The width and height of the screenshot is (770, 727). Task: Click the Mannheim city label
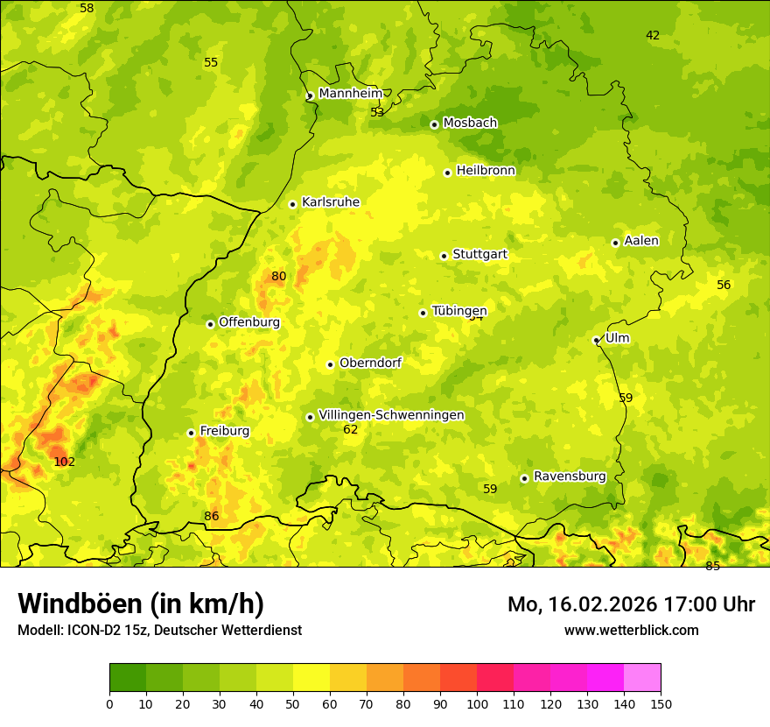[x=350, y=93]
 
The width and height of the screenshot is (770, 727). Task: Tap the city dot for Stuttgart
[x=444, y=256]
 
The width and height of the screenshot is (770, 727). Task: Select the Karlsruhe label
[x=330, y=202]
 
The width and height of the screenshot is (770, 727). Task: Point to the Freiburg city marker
[x=191, y=433]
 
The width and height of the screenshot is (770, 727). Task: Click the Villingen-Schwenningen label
[x=391, y=415]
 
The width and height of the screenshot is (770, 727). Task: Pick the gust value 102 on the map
[x=65, y=462]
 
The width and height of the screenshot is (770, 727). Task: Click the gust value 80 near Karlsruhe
[x=278, y=276]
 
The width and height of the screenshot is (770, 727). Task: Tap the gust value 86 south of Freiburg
[x=212, y=516]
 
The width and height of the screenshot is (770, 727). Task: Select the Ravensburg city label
[x=570, y=476]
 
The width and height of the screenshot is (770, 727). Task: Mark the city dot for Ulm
[x=596, y=340]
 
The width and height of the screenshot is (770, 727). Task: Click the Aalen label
[x=641, y=241]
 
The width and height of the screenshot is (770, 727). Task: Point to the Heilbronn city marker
[x=447, y=173]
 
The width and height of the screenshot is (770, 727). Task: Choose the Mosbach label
[x=470, y=123]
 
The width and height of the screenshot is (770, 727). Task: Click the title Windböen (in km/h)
[x=141, y=603]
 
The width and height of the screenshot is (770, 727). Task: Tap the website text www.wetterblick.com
[x=631, y=630]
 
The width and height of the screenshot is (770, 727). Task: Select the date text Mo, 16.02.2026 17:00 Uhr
[x=631, y=604]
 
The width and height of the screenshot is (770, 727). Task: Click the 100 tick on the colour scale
[x=477, y=703]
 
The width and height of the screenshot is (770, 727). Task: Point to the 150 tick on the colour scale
[x=661, y=703]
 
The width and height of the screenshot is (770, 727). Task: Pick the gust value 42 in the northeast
[x=653, y=35]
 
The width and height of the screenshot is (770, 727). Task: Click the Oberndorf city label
[x=370, y=363]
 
